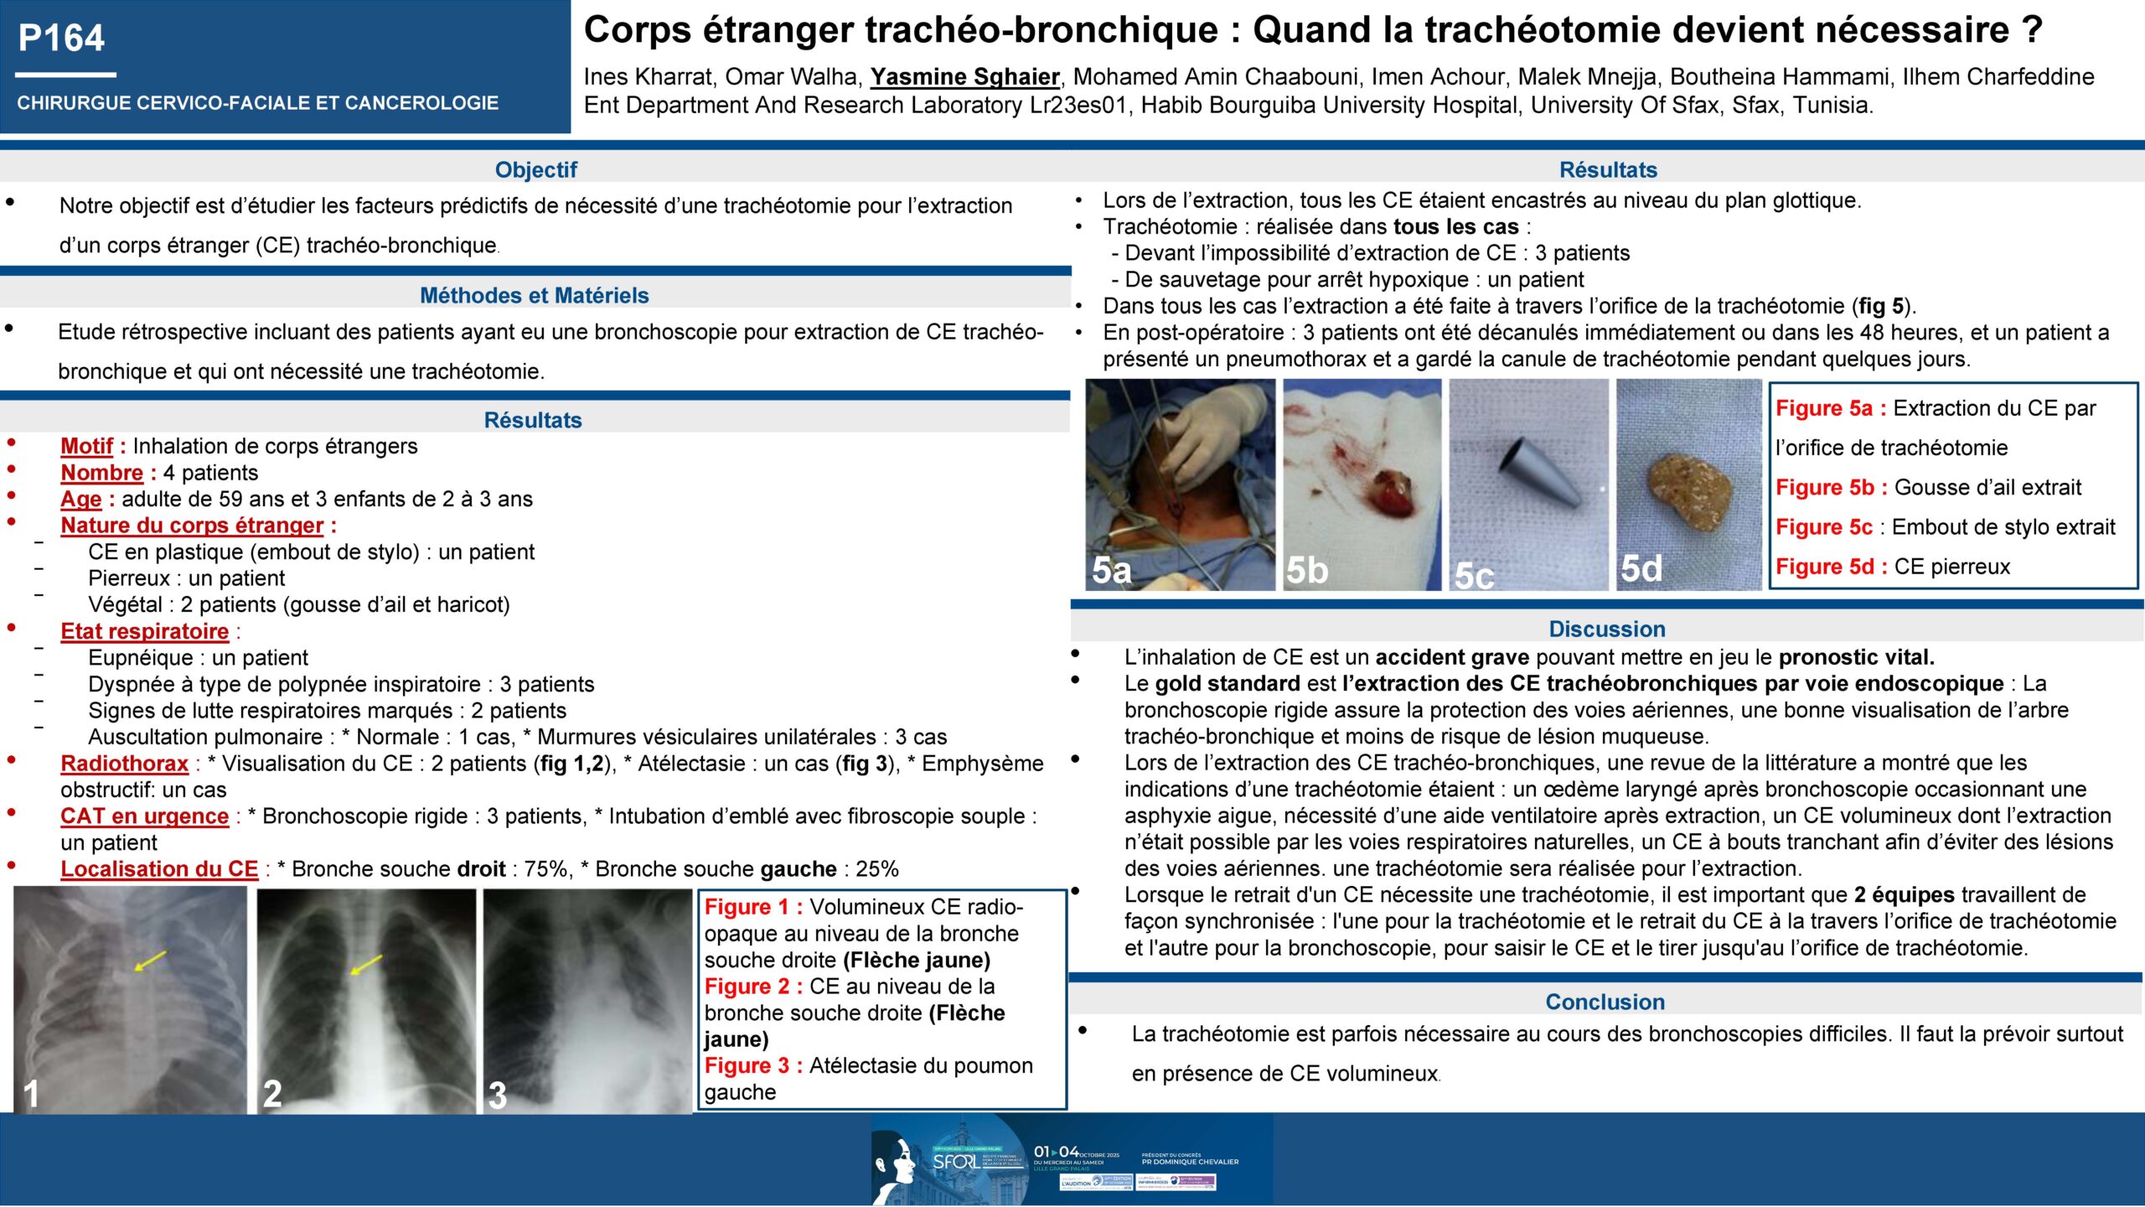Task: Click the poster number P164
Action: click(61, 38)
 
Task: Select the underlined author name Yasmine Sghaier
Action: click(965, 76)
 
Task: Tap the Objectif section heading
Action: click(535, 169)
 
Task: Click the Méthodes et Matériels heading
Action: click(534, 295)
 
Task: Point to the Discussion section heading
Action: click(1606, 629)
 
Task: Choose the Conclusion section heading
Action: click(1605, 1002)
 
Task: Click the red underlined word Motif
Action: click(86, 446)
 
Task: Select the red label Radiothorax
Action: click(124, 763)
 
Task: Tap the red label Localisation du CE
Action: click(159, 868)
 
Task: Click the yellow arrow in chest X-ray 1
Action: click(150, 961)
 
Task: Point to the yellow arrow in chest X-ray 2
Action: click(365, 965)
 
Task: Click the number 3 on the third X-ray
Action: click(498, 1096)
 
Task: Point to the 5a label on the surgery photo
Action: click(1111, 570)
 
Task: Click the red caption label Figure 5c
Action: click(1823, 526)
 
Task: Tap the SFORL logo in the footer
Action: click(955, 1161)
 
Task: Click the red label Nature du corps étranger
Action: click(192, 526)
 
